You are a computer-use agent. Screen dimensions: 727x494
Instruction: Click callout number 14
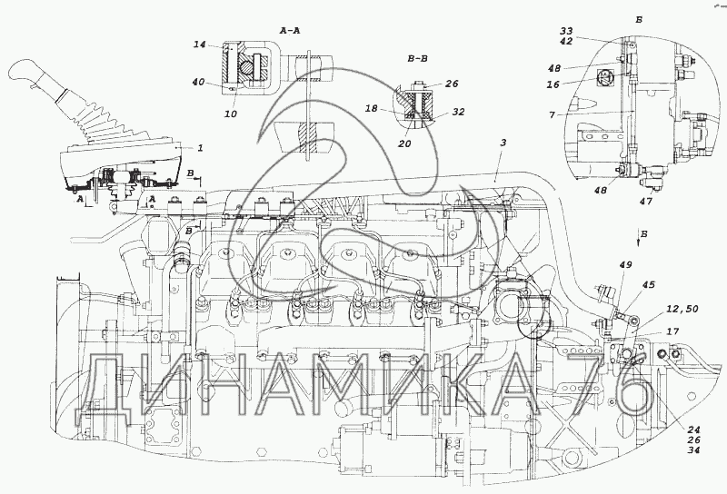[200, 44]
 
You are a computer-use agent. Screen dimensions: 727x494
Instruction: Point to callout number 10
[230, 114]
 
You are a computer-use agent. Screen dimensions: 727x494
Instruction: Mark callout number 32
[458, 112]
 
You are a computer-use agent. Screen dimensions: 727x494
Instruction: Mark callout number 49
[624, 264]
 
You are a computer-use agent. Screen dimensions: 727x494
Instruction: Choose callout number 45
[648, 285]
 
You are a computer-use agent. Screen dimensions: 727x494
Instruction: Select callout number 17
[672, 331]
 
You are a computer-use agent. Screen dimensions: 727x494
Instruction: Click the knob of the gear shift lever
[25, 71]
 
